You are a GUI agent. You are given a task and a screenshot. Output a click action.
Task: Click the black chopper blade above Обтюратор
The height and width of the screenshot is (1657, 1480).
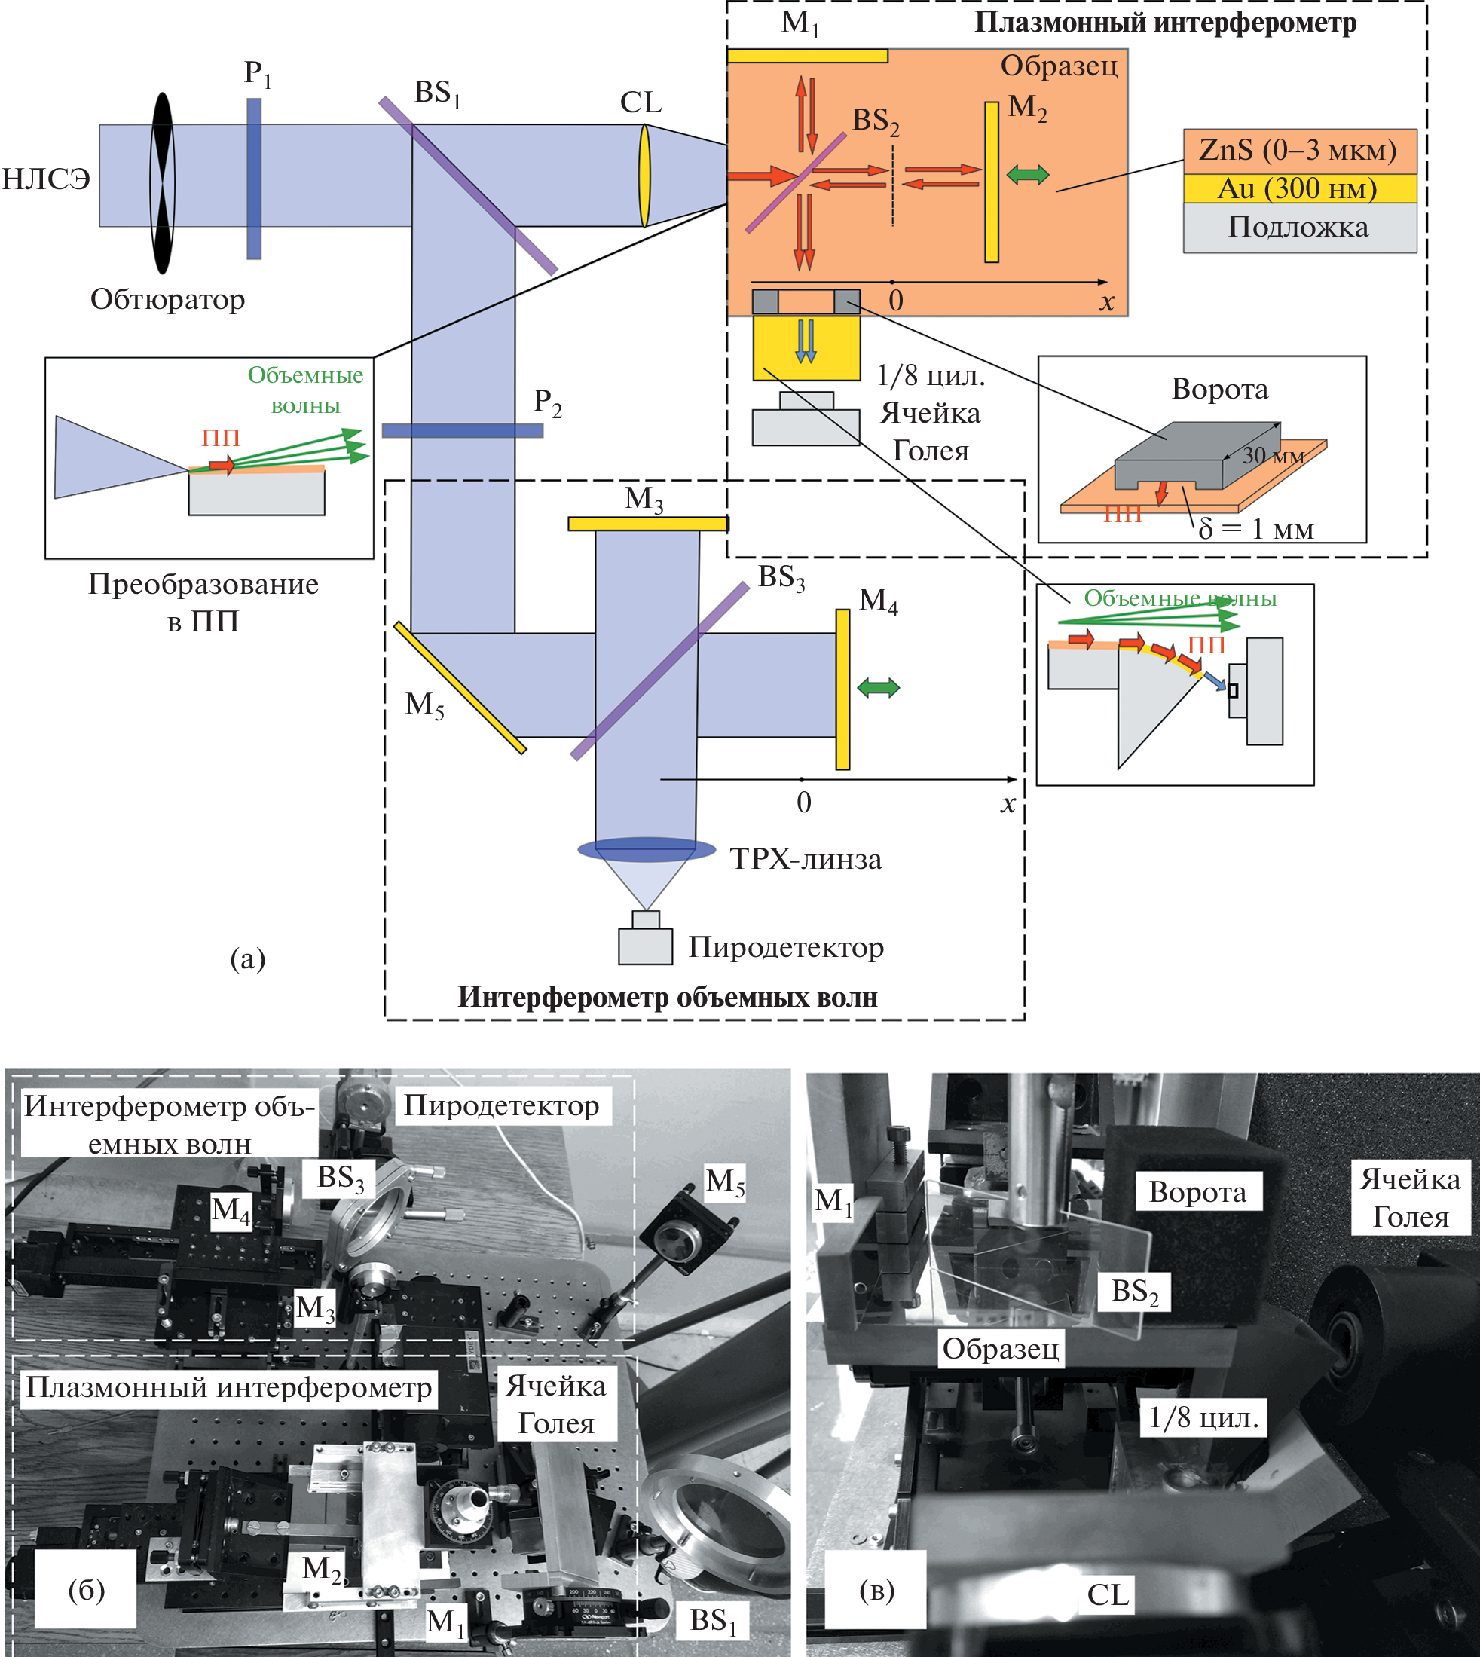tap(164, 183)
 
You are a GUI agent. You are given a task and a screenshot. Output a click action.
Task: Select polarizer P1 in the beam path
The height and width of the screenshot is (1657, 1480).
tap(254, 179)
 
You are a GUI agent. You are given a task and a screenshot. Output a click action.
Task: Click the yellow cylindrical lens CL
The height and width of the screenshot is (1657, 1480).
tap(644, 175)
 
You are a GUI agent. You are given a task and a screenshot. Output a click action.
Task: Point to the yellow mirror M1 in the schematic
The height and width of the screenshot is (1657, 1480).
tap(806, 56)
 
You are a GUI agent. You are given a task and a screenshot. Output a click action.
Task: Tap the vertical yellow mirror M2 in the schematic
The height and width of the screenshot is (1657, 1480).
tap(991, 182)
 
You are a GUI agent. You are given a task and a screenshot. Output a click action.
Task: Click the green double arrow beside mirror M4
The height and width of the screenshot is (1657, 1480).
tap(878, 688)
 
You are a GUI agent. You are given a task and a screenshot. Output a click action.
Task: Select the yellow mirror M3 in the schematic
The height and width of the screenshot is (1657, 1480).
tap(647, 524)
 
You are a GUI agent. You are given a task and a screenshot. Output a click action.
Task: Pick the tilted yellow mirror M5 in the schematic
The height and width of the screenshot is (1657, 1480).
tap(460, 688)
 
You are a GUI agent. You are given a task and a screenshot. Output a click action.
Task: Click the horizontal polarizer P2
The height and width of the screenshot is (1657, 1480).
tap(462, 430)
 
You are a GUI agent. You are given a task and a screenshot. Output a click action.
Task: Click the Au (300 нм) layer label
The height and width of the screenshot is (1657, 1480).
tap(1298, 188)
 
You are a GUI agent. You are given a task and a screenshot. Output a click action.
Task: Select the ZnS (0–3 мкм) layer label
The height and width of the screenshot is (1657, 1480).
tap(1298, 151)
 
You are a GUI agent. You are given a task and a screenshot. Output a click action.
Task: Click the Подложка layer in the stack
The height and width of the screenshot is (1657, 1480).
tap(1298, 228)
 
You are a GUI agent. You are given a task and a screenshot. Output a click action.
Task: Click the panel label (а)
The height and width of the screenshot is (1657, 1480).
tap(247, 959)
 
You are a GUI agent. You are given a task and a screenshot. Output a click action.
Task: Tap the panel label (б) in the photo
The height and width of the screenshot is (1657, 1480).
tap(86, 1589)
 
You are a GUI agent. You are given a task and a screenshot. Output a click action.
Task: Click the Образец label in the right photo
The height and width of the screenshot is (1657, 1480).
tap(1000, 1349)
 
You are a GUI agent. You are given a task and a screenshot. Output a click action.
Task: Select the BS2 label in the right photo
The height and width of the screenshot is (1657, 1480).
tap(1134, 1290)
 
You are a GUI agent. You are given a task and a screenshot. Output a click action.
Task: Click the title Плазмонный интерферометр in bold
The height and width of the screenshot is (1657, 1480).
tap(1164, 23)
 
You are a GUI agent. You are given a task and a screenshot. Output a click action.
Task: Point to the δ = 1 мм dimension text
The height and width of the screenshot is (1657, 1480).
tap(1255, 529)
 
